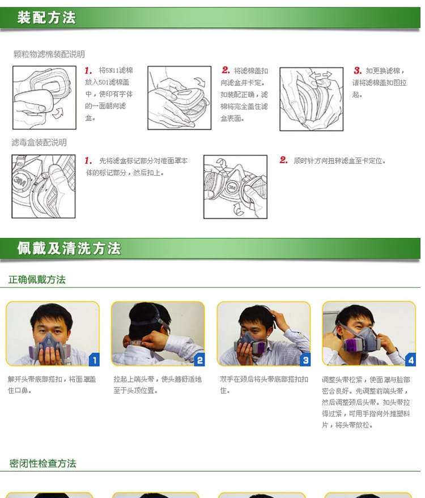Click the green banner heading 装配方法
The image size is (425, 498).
46,18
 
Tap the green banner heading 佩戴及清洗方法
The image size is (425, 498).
69,248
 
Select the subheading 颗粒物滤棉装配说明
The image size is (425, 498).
49,54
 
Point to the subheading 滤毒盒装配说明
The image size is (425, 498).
39,142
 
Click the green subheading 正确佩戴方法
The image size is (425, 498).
37,279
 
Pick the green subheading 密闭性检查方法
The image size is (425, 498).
42,463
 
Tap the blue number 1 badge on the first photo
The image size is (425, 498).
94,360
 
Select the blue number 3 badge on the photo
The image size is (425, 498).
305,360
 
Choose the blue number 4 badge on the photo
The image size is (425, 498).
411,360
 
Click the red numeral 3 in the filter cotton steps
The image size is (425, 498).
358,70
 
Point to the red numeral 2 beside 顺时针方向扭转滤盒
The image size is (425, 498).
283,160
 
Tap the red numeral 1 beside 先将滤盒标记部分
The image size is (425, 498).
88,160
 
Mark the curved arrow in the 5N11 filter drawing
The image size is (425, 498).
58,113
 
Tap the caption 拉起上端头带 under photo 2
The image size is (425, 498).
134,379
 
